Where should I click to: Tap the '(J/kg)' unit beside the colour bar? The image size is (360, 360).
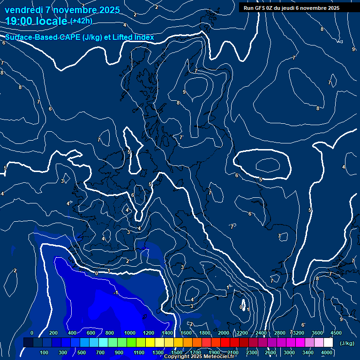pyautogui.click(x=347, y=343)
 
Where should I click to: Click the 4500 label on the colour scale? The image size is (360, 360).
pyautogui.click(x=336, y=333)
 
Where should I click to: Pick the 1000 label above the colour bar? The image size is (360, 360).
pyautogui.click(x=130, y=333)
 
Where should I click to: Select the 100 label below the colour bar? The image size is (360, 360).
pyautogui.click(x=45, y=352)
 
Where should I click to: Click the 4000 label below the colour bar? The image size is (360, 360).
pyautogui.click(x=327, y=352)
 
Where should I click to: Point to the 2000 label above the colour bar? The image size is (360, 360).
pyautogui.click(x=224, y=333)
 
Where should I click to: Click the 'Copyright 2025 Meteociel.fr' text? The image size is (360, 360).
pyautogui.click(x=199, y=357)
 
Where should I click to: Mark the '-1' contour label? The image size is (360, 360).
pyautogui.click(x=115, y=293)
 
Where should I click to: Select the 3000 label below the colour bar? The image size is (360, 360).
pyautogui.click(x=289, y=352)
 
